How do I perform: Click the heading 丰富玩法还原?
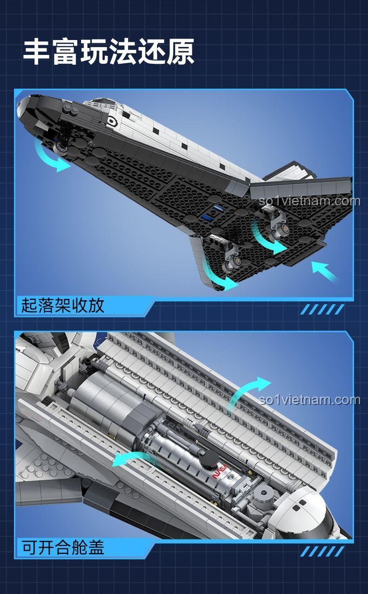(x=108, y=52)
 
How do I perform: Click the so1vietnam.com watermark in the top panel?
(x=310, y=201)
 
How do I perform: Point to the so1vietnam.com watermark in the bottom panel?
(x=310, y=400)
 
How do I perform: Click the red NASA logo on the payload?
(x=220, y=471)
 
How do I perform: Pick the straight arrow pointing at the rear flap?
(x=325, y=271)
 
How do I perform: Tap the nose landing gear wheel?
(x=61, y=147)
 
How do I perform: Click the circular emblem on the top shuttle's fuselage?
(x=111, y=121)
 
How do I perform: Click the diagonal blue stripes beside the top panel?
(x=322, y=309)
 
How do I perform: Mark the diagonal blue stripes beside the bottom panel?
(x=322, y=551)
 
